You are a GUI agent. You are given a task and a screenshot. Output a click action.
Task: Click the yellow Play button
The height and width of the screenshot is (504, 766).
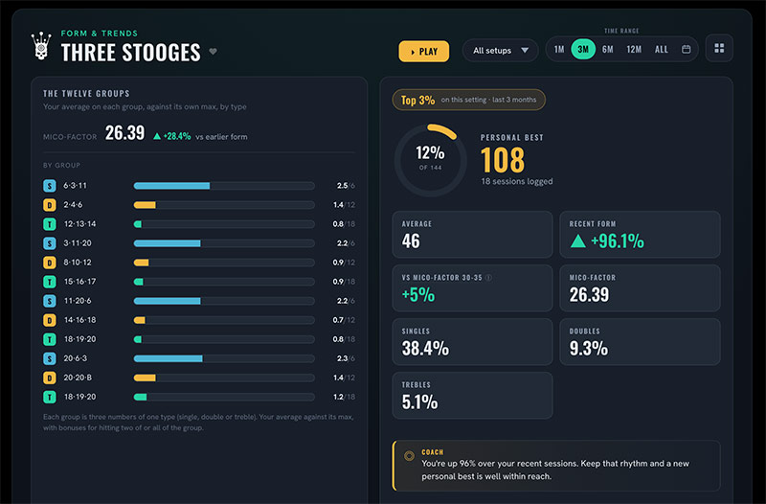click(423, 52)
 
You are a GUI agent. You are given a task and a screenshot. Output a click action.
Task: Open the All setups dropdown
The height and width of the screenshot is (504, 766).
click(500, 51)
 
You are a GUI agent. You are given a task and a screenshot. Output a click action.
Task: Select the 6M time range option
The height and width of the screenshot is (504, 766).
click(607, 50)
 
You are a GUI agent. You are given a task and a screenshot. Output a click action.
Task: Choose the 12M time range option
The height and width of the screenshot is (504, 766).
click(634, 50)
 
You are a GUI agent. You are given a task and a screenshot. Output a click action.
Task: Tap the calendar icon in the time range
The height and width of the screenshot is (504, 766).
click(686, 50)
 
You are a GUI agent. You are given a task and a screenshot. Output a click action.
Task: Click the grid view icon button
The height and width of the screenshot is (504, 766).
click(719, 49)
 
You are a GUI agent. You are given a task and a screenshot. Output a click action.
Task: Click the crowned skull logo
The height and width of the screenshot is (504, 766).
click(41, 46)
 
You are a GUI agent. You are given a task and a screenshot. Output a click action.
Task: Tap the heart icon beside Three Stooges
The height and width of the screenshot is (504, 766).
click(213, 52)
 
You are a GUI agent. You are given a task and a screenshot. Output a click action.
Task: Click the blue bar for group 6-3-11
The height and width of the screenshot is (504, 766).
click(171, 186)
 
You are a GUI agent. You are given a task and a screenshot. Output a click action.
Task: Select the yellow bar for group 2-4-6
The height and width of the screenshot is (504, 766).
click(145, 205)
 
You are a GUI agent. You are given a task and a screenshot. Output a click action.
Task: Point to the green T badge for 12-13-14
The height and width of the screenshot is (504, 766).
click(50, 224)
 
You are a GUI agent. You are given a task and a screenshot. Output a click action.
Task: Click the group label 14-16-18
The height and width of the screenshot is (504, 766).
click(80, 320)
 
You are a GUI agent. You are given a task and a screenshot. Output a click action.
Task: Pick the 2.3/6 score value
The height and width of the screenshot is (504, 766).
click(346, 358)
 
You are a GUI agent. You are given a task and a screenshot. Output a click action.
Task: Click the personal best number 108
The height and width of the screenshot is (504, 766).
click(502, 160)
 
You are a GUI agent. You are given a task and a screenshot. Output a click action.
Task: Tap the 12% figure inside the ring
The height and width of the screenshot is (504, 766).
click(430, 153)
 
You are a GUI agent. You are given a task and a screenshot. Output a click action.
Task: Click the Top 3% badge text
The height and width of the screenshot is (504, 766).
click(417, 101)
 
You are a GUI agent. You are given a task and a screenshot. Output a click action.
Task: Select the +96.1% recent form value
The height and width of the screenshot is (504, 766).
click(617, 241)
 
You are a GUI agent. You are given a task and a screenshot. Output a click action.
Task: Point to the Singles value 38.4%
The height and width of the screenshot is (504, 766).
click(425, 349)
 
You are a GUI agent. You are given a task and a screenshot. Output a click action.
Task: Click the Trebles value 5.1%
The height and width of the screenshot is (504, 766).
click(419, 402)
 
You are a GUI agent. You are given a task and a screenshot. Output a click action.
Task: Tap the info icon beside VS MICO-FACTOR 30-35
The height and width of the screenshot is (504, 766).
click(488, 278)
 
